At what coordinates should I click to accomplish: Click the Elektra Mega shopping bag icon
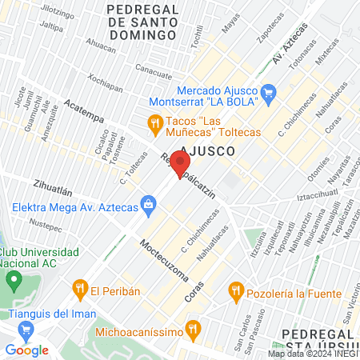(x=148, y=205)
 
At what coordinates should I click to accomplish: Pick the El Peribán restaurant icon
(x=79, y=288)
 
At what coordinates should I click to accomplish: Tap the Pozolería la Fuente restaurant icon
(x=235, y=288)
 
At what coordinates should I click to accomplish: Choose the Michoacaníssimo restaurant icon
(x=192, y=329)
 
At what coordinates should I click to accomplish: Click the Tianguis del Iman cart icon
(x=26, y=328)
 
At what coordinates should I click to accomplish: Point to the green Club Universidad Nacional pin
(x=14, y=282)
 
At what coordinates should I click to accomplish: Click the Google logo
(x=26, y=350)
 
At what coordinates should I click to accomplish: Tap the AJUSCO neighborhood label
(x=207, y=150)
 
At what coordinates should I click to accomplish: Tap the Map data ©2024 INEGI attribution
(x=313, y=353)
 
